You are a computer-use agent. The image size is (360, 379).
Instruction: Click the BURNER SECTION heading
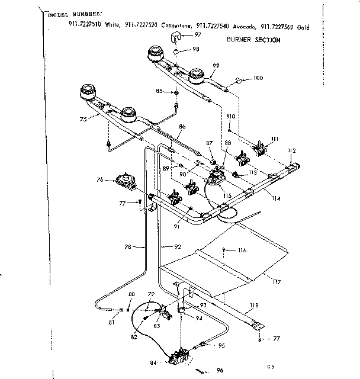[x=253, y=40]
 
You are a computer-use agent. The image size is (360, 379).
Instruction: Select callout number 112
[x=291, y=150]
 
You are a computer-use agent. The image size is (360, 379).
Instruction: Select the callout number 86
[x=182, y=126]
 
